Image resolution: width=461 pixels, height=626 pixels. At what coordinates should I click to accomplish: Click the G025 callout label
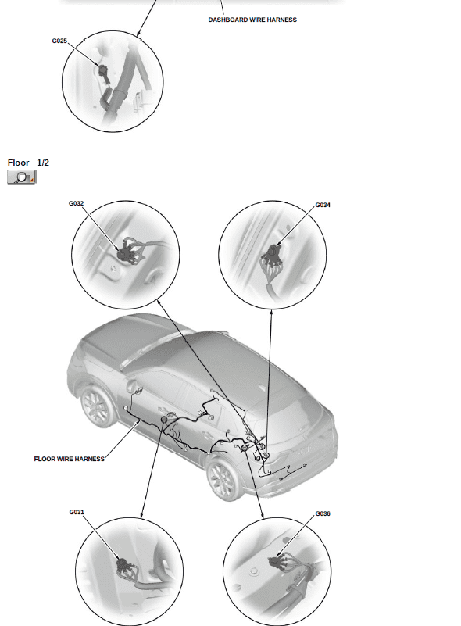[59, 41]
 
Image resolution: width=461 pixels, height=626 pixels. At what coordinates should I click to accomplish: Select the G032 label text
[77, 203]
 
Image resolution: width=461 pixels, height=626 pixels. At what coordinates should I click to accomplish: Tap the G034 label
[323, 205]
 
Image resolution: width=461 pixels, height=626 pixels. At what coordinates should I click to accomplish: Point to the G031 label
[77, 512]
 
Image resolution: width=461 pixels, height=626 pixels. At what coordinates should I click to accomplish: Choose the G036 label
[323, 513]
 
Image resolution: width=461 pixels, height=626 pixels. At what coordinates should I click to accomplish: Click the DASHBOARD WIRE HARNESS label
[252, 20]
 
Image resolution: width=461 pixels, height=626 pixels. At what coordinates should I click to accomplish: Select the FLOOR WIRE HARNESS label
[69, 459]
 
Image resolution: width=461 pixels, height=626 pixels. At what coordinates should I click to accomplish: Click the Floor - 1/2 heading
[28, 163]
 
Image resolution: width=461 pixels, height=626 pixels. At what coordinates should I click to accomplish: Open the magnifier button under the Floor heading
[22, 177]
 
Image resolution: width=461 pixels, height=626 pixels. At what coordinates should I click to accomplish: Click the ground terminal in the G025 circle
[104, 72]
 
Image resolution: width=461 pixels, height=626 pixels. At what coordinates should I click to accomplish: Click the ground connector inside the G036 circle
[275, 562]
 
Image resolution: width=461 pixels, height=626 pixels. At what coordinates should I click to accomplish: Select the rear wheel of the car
[225, 479]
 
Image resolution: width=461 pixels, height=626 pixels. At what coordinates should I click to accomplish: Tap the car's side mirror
[131, 385]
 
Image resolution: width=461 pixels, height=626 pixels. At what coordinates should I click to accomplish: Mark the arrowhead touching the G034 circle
[271, 312]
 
